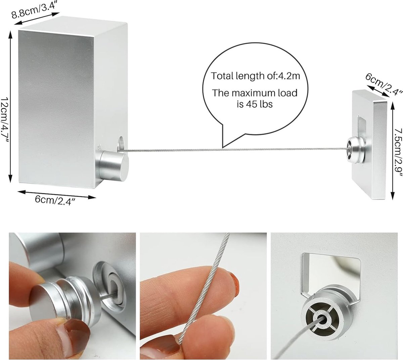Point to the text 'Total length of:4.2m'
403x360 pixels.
[x=255, y=76]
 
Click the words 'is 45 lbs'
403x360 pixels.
[x=255, y=104]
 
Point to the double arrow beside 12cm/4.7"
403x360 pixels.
[x=10, y=107]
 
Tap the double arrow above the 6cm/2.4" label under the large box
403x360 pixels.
[x=57, y=194]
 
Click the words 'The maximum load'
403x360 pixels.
[x=255, y=93]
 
